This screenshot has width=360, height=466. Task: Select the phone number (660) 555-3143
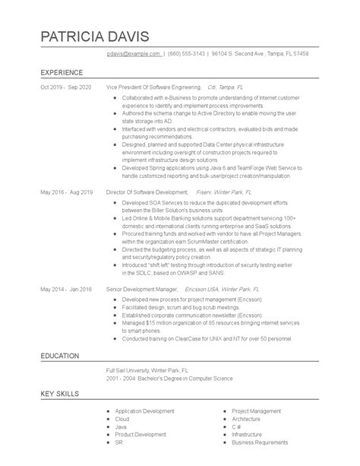[187, 54]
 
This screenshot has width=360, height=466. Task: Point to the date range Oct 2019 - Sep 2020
[66, 87]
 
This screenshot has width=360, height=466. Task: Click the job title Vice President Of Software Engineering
[154, 87]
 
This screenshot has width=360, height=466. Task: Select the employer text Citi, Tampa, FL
[226, 87]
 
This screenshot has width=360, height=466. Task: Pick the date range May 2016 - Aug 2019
[66, 192]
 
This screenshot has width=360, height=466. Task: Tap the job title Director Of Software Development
[147, 192]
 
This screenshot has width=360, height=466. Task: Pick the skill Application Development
[145, 411]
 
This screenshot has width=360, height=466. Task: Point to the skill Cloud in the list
[123, 418]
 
